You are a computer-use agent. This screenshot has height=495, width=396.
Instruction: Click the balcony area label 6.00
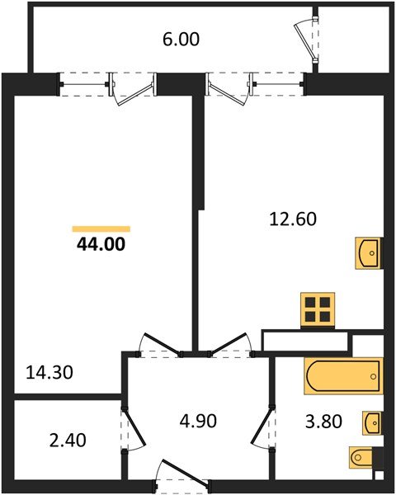point(181,39)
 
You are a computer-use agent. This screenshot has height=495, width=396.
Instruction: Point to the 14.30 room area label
point(50,372)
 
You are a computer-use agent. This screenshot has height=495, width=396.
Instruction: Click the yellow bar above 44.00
point(101,228)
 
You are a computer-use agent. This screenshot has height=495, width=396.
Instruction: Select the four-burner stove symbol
point(318,309)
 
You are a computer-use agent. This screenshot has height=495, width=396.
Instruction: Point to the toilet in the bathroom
point(364,456)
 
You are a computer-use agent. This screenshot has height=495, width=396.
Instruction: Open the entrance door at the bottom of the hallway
point(173,479)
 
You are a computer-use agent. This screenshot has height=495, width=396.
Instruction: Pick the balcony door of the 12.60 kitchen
point(229,89)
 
